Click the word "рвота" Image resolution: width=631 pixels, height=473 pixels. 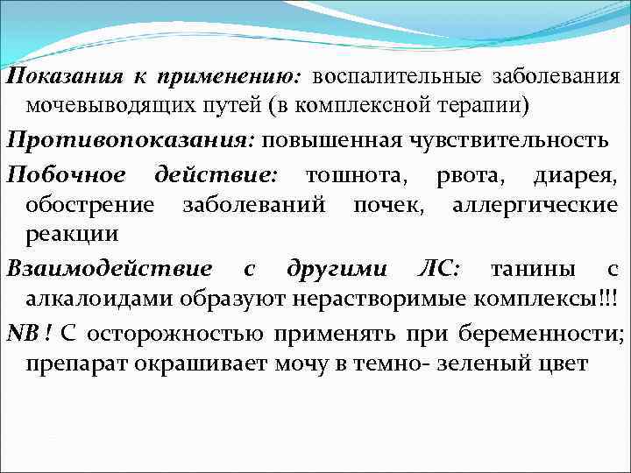tap(462, 173)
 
